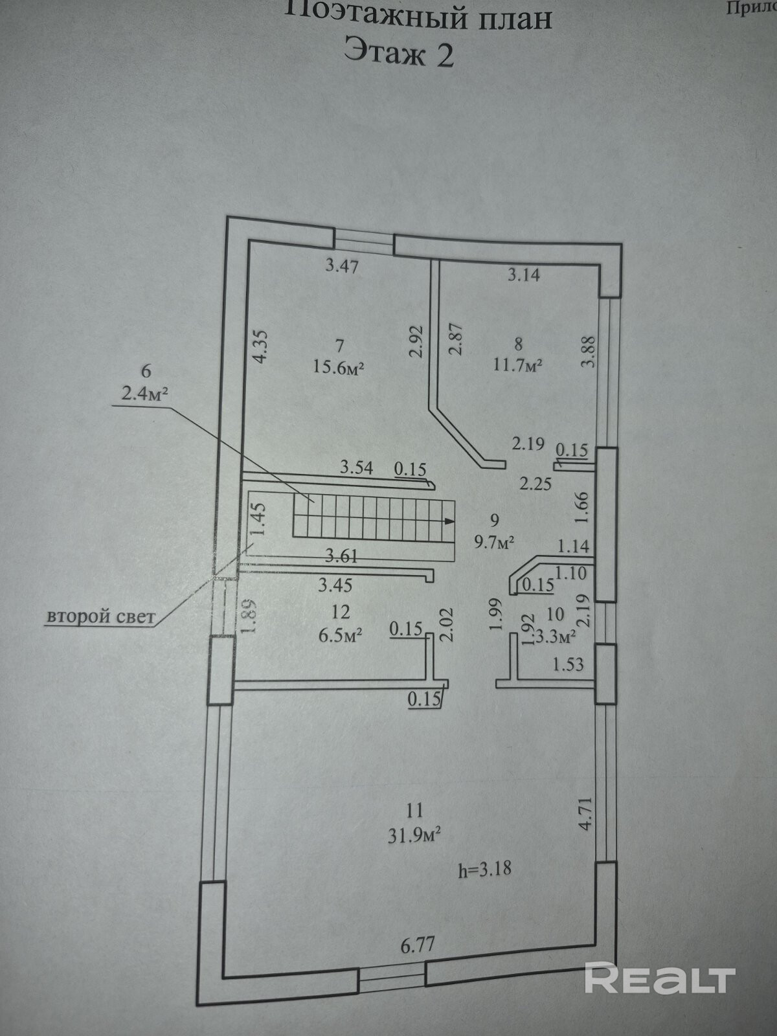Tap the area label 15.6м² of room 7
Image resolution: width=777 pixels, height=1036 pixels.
tap(338, 367)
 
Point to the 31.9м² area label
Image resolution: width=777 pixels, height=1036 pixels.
tap(414, 835)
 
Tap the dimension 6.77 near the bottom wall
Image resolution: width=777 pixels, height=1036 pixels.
tap(417, 945)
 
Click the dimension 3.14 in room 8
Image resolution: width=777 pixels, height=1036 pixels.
tap(523, 275)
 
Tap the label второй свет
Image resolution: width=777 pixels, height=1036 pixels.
tap(100, 616)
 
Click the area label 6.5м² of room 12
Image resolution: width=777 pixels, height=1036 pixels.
tap(340, 635)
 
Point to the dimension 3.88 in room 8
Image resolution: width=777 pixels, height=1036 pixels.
tap(587, 352)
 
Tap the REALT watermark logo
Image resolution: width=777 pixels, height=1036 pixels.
tap(659, 978)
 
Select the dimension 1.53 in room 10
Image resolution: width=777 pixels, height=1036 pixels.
tap(568, 664)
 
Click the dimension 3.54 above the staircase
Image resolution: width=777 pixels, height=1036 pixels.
tap(357, 467)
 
